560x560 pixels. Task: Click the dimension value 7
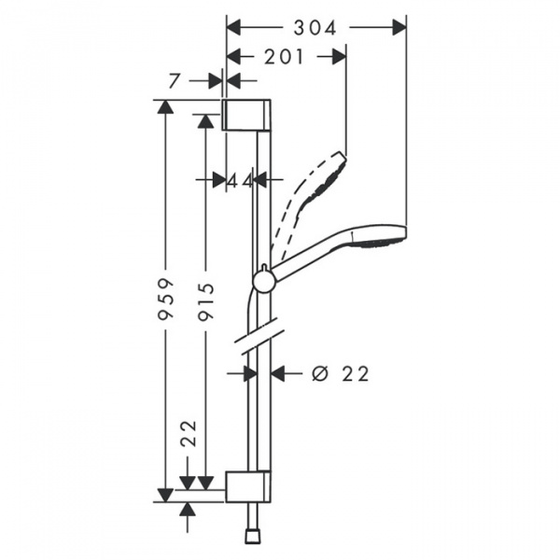174,82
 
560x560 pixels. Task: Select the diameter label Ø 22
339,373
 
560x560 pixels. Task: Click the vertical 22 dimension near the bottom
189,435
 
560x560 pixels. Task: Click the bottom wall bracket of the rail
249,486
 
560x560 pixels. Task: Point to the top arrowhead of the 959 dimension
166,105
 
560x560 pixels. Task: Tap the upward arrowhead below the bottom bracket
189,509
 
